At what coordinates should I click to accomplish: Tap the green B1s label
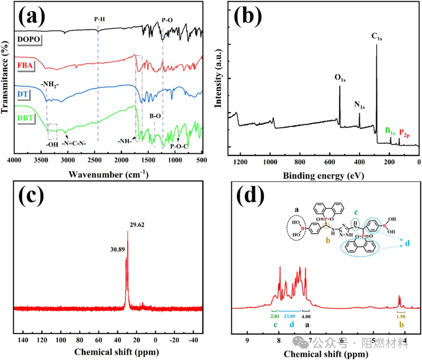(x=390, y=131)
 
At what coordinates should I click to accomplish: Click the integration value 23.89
(x=290, y=316)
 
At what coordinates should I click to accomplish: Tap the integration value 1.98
(x=401, y=316)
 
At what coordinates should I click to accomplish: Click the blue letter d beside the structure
(x=407, y=243)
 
